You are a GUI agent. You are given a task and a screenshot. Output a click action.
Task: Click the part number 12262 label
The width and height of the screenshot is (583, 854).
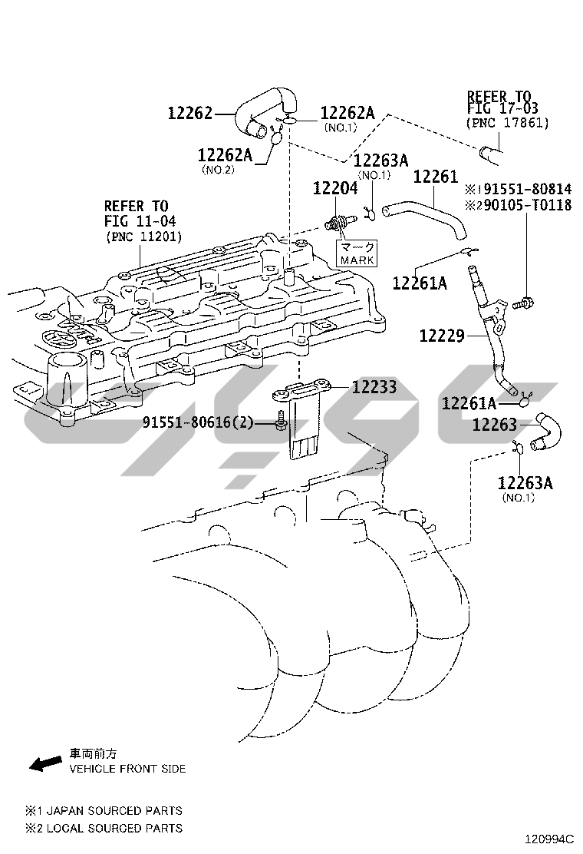189,114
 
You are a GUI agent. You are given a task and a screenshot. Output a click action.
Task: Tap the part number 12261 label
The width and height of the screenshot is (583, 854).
435,177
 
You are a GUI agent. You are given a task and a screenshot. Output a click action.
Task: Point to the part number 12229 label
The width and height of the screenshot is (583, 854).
442,336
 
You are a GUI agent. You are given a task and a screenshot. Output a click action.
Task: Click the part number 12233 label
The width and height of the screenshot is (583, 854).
374,387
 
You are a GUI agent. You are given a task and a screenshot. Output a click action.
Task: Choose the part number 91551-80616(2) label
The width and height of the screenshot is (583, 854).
197,422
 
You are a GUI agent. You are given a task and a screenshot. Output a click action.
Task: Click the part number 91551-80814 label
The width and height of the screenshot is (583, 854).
524,189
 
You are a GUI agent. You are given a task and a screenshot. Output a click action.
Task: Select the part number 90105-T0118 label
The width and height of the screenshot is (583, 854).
524,205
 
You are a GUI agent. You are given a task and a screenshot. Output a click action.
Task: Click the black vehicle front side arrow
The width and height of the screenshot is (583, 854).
45,763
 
